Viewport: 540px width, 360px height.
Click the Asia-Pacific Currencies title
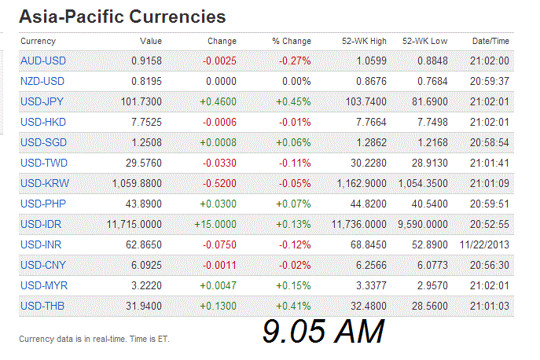(x=122, y=17)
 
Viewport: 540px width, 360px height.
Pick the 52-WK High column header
(x=364, y=41)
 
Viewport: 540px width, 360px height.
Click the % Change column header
(x=292, y=41)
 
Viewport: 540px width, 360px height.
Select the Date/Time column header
(x=490, y=41)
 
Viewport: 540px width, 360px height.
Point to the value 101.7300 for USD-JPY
(x=141, y=101)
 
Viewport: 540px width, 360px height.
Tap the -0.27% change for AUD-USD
(x=295, y=61)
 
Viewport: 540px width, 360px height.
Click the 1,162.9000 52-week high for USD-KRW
(x=358, y=183)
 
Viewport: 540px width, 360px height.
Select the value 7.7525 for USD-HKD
(x=145, y=122)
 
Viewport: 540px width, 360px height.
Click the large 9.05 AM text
(x=323, y=332)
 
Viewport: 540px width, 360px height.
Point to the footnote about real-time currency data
(x=94, y=340)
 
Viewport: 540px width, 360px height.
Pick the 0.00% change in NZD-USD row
(x=297, y=81)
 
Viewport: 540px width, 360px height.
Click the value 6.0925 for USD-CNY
(x=145, y=265)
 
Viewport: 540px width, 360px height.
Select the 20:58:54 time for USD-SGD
(x=491, y=142)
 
